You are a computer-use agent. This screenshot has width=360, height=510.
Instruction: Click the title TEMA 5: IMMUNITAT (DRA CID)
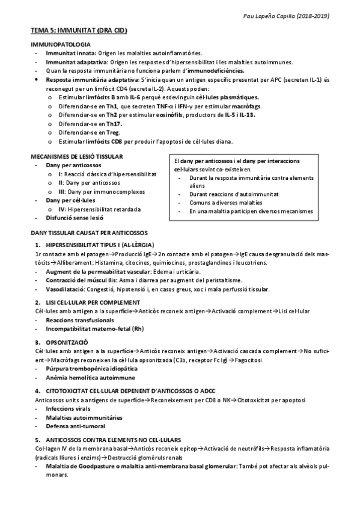tap(79, 29)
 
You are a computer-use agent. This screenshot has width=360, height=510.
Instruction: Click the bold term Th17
tap(114, 124)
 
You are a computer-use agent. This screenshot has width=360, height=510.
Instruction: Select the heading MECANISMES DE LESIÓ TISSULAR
tap(77, 156)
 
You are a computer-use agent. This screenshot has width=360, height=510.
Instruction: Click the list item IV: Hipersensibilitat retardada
tap(99, 209)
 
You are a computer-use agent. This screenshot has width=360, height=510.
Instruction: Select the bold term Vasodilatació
tap(65, 289)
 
